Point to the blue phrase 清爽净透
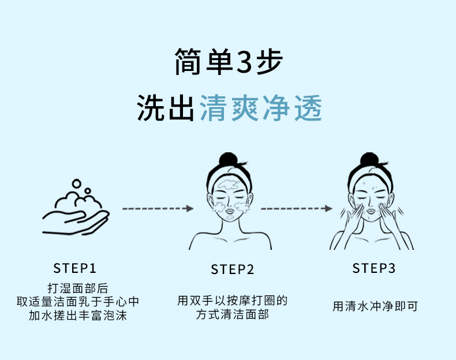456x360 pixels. pyautogui.click(x=260, y=107)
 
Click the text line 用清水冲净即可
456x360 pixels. pyautogui.click(x=375, y=306)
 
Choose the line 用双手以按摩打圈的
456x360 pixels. pyautogui.click(x=232, y=301)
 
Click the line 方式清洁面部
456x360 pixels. pyautogui.click(x=232, y=315)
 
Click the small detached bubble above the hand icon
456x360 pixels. pyautogui.click(x=88, y=190)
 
